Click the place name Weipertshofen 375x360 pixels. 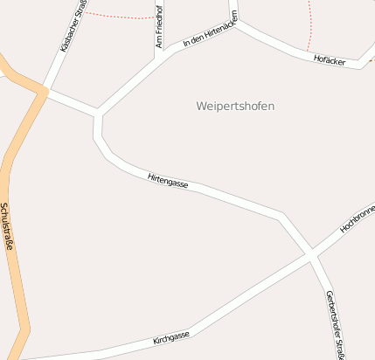(x=234, y=107)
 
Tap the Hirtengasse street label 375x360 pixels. (x=169, y=179)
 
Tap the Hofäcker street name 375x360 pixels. (x=330, y=60)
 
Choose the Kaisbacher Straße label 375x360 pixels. (x=73, y=26)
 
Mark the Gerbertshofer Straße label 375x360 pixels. (x=332, y=323)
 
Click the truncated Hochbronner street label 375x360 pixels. (x=358, y=218)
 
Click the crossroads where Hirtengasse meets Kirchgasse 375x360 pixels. (x=311, y=253)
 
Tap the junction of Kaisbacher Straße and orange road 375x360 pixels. (x=43, y=90)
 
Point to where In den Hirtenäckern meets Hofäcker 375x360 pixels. (x=235, y=24)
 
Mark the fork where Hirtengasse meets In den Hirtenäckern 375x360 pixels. (x=98, y=114)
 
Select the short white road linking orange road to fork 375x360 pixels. (x=70, y=101)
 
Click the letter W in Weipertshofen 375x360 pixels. (x=200, y=107)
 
